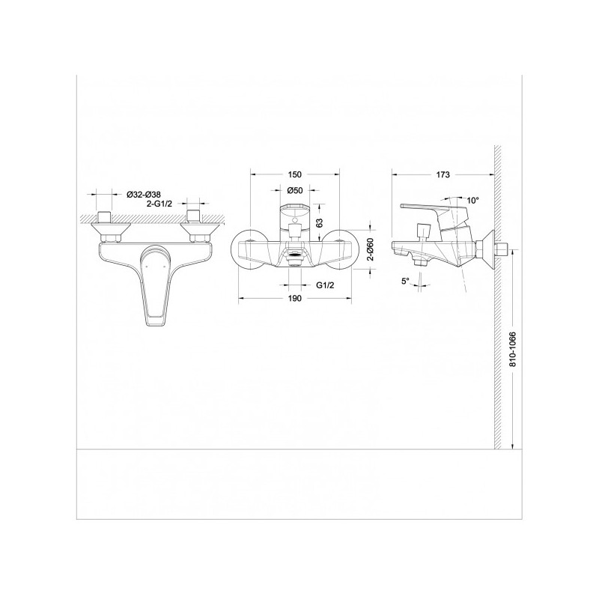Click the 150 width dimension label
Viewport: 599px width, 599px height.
(294, 174)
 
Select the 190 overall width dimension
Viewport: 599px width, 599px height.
(294, 298)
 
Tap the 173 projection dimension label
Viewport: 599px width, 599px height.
(443, 174)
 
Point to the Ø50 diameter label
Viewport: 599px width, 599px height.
(294, 189)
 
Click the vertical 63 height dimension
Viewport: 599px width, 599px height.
(320, 222)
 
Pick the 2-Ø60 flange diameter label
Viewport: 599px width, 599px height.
(369, 249)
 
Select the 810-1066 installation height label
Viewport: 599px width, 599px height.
(513, 349)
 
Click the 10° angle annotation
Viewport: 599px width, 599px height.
(472, 200)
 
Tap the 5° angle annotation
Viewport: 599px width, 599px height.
(405, 281)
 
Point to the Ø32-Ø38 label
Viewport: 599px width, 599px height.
(144, 195)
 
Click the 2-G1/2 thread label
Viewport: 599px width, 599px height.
(159, 204)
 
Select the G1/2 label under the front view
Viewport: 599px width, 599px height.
(325, 285)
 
